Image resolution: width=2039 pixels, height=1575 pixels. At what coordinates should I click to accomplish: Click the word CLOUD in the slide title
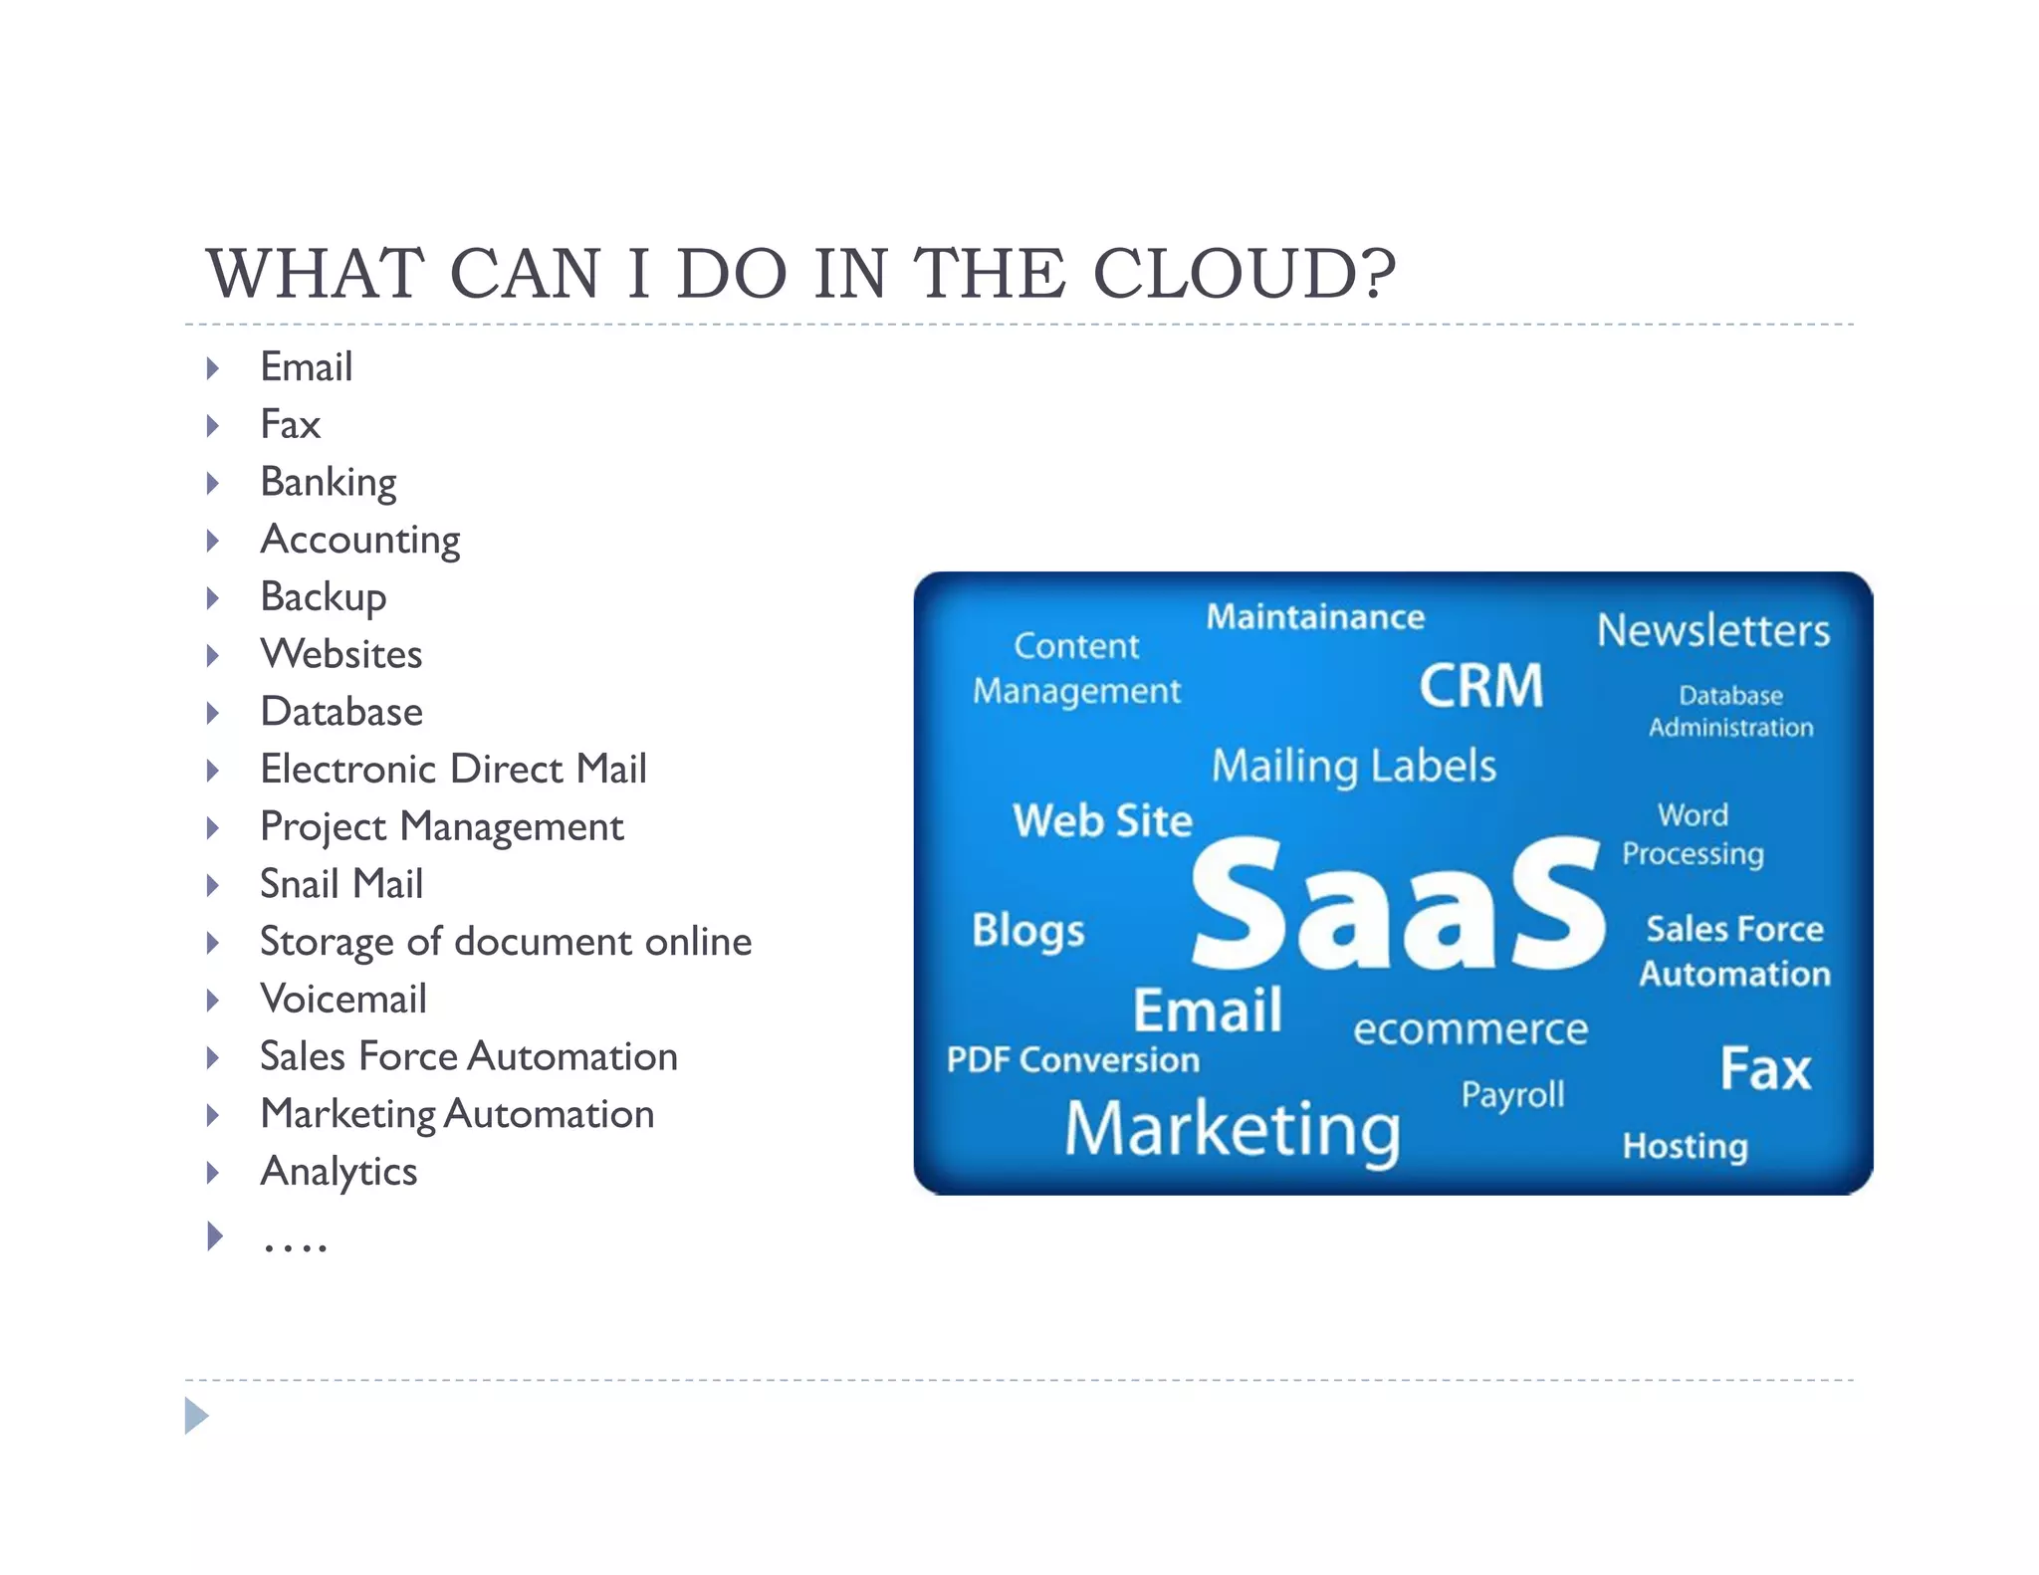click(x=1244, y=273)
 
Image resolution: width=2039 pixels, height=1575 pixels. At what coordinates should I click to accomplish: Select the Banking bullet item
click(x=328, y=483)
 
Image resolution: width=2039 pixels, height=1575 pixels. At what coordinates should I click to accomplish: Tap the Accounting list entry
click(x=359, y=541)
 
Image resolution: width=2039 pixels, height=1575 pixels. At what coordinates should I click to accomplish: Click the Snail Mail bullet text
click(x=340, y=884)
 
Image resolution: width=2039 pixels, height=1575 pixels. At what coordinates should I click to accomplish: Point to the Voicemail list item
click(x=342, y=1000)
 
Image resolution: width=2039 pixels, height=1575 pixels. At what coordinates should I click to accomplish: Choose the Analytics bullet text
click(x=338, y=1172)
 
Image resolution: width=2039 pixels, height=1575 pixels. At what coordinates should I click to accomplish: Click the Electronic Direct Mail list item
click(x=453, y=770)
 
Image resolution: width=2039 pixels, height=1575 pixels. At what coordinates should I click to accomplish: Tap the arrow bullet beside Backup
click(x=212, y=598)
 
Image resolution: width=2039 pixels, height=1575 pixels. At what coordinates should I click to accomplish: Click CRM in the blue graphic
click(x=1480, y=686)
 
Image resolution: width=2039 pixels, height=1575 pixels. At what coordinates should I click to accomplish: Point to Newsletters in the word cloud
click(x=1712, y=630)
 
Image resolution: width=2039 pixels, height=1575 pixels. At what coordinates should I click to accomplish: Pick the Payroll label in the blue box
click(x=1511, y=1095)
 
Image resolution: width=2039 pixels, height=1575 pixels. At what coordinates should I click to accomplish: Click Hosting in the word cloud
click(x=1684, y=1146)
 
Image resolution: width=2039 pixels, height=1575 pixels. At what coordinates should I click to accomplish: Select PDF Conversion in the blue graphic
click(x=1072, y=1060)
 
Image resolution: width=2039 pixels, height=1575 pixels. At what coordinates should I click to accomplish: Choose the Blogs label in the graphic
click(x=1027, y=931)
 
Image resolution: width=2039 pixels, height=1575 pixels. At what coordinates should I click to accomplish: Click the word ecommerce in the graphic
click(x=1470, y=1029)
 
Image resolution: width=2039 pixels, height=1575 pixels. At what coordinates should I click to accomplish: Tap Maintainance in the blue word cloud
click(x=1314, y=617)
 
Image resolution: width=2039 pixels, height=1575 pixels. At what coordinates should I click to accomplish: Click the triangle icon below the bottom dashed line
click(x=196, y=1416)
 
